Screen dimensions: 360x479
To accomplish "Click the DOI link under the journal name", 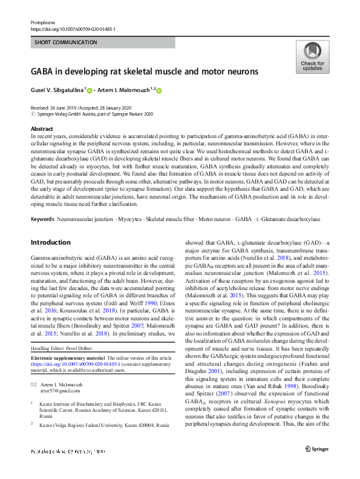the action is click(x=73, y=29).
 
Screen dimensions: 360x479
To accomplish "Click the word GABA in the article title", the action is click(x=44, y=71).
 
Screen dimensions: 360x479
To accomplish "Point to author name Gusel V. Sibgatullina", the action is click(x=57, y=90).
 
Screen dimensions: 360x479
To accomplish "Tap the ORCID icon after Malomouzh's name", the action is click(x=160, y=91).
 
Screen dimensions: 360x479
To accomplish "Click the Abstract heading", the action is click(x=41, y=129).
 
